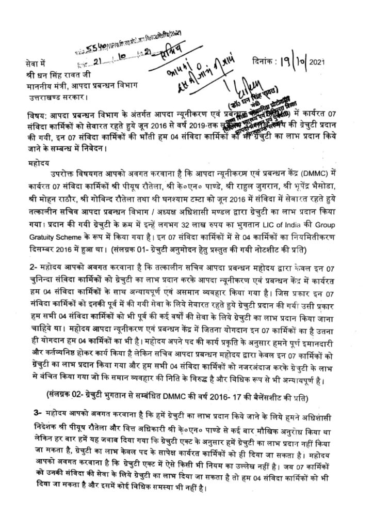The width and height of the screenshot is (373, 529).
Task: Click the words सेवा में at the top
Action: (35, 64)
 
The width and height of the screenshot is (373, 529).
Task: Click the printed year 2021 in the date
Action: (317, 63)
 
